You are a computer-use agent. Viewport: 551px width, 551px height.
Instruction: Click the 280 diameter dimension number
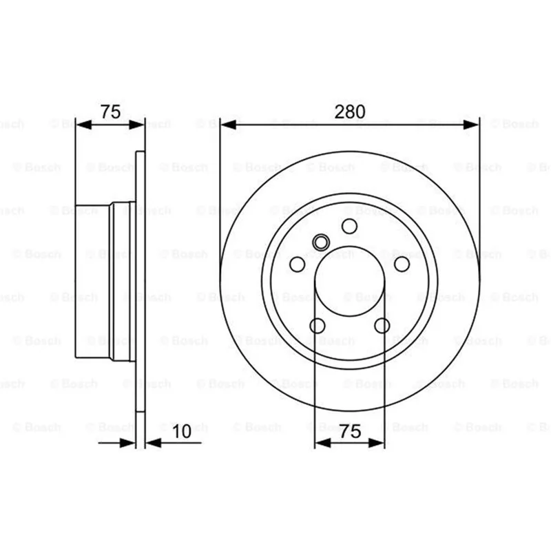350,112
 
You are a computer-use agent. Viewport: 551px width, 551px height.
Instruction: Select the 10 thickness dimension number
182,431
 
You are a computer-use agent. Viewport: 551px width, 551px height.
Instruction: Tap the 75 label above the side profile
110,112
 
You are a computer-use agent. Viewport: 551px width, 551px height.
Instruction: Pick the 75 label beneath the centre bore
350,431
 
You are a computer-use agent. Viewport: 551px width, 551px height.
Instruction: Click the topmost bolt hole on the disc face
350,226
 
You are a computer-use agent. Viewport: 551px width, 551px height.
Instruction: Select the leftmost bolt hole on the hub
298,264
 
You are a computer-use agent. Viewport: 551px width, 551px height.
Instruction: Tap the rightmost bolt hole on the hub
402,264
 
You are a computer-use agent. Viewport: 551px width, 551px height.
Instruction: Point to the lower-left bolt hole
318,326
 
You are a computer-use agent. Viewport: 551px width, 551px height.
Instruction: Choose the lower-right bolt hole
382,326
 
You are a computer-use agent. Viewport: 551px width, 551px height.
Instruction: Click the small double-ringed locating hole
321,242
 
